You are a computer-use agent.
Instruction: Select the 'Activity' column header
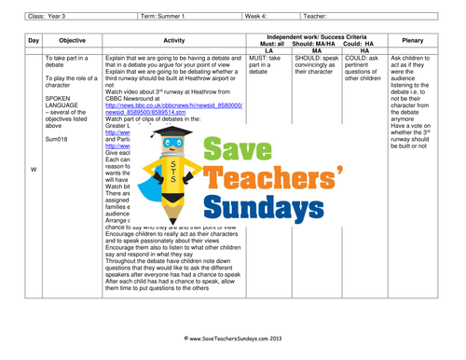[x=174, y=41]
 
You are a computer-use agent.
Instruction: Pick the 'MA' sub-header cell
[x=315, y=49]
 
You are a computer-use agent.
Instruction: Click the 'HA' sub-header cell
[x=365, y=49]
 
